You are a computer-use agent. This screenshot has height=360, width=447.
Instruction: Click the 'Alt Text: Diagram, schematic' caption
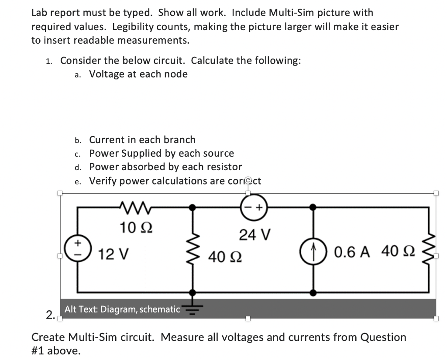pyautogui.click(x=122, y=309)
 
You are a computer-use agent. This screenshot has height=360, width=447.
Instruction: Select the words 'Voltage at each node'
pyautogui.click(x=138, y=74)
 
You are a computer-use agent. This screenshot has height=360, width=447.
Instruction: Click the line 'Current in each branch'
pyautogui.click(x=142, y=140)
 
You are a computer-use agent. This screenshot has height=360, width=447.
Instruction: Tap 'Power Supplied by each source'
pyautogui.click(x=162, y=153)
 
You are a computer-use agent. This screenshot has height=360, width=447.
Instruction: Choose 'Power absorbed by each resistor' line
pyautogui.click(x=165, y=167)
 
